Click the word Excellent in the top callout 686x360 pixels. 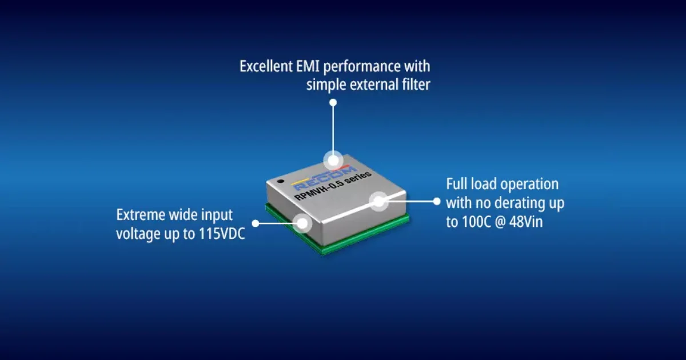(266, 66)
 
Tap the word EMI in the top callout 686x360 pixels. (308, 66)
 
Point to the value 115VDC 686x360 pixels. (222, 234)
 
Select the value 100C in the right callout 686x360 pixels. (477, 222)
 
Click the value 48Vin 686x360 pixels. (526, 222)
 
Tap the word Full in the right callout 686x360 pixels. (456, 184)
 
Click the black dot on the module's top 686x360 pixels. (280, 181)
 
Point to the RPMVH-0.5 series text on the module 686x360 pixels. (333, 186)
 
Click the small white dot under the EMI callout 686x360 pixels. (333, 102)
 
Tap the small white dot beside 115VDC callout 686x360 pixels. (256, 223)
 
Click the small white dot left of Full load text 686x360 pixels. (437, 201)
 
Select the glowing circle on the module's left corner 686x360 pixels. (302, 223)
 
